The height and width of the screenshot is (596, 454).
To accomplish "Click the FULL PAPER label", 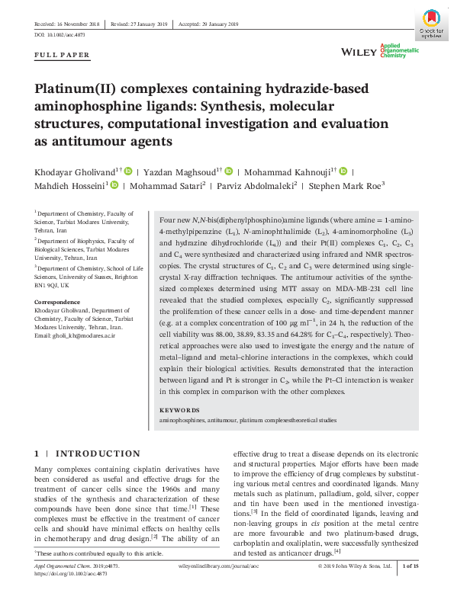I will [x=63, y=55].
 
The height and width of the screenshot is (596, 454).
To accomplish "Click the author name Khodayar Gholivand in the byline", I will [x=73, y=172].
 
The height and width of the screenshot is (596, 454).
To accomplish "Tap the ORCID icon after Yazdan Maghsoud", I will [x=227, y=172].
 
